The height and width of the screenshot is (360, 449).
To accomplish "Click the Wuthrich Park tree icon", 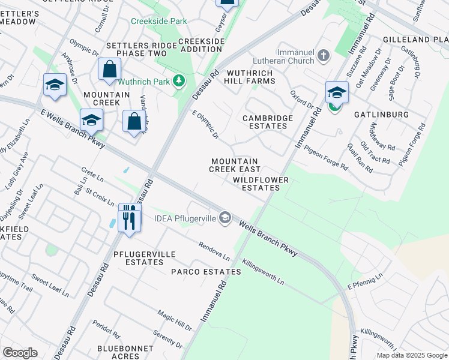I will [x=179, y=81].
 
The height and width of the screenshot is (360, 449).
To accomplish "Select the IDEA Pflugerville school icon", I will [x=225, y=217].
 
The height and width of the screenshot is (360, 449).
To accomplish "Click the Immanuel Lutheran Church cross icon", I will [x=324, y=56].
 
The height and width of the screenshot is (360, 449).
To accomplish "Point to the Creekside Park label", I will [x=159, y=21].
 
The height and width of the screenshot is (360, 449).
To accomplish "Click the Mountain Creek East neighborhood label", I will [x=234, y=166].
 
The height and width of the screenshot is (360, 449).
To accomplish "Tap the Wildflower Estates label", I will [x=261, y=184].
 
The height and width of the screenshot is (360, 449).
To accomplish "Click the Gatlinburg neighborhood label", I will [x=381, y=114].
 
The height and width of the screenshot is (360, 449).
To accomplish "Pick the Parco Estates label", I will [x=206, y=272].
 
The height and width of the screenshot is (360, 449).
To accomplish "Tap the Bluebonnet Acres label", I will [x=118, y=352].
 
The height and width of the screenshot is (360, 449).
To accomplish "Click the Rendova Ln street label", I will [x=215, y=251].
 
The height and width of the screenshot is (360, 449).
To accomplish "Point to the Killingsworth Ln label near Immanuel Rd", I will [x=263, y=272].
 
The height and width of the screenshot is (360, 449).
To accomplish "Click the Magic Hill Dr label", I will [x=175, y=320].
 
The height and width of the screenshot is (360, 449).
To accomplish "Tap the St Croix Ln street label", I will [x=100, y=197].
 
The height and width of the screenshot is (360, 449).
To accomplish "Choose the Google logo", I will [x=20, y=353].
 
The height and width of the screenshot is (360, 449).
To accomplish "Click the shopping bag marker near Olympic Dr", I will [x=110, y=69].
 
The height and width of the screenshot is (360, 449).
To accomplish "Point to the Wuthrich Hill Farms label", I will [x=249, y=77].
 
